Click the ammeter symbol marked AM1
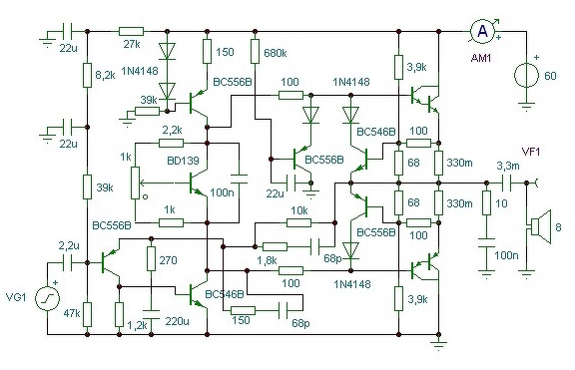483,32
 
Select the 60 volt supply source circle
527,76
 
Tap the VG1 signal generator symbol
47,298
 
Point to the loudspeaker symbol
540,226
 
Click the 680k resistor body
256,51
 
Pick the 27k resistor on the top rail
131,32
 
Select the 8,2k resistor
87,75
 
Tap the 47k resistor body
87,314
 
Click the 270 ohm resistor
151,258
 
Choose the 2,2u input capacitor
68,262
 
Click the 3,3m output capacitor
506,183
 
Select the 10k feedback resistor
298,222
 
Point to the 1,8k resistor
275,246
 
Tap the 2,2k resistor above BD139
171,143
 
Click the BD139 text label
183,161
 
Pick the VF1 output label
531,152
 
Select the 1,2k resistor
119,314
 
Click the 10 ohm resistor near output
486,202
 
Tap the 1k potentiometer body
136,183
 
